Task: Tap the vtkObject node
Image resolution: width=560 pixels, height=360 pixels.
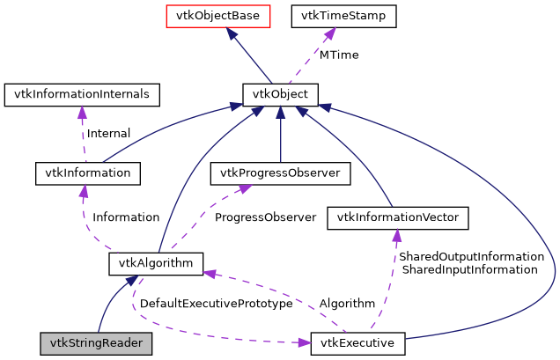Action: coord(280,92)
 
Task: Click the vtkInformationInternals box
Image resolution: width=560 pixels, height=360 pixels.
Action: coord(81,92)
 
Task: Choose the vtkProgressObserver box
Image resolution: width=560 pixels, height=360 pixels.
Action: coord(280,173)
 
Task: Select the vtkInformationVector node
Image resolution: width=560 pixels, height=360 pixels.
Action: coord(397,217)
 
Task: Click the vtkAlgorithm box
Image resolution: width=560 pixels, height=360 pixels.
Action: coord(156,262)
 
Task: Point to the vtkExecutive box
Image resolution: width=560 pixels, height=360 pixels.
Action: coord(357,342)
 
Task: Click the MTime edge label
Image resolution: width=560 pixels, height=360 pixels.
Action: coord(339,55)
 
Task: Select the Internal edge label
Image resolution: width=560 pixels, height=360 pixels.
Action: coord(108,133)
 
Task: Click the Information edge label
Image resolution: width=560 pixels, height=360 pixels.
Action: coord(126,217)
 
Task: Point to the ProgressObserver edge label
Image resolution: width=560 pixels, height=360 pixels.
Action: coord(265,217)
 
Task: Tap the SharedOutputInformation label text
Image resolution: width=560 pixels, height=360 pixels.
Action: coord(471,256)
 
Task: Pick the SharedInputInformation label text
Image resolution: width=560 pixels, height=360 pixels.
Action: coord(469,269)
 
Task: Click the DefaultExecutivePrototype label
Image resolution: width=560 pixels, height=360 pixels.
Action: coord(217,303)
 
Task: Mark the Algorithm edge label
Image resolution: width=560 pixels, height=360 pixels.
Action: coord(347,303)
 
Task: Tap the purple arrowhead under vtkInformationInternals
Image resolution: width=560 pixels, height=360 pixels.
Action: coord(82,112)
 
